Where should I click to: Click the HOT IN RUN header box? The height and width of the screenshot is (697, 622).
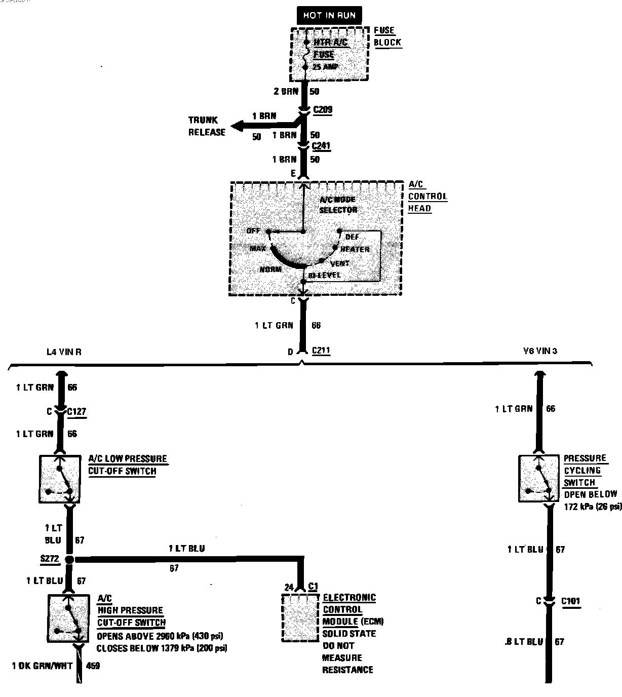tap(330, 15)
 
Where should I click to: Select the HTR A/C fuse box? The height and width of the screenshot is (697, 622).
tap(329, 54)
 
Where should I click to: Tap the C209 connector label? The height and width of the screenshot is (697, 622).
tap(323, 109)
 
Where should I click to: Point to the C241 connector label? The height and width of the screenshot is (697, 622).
tap(321, 146)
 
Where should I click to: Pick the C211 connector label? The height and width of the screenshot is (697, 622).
tap(321, 350)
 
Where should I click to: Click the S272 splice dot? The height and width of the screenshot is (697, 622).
tap(70, 560)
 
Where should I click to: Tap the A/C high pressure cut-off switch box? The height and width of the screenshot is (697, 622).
tap(68, 618)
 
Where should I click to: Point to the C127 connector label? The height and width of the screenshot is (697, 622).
tap(76, 412)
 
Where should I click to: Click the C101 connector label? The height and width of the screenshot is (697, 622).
tap(570, 601)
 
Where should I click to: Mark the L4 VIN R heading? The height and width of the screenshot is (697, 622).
tap(63, 352)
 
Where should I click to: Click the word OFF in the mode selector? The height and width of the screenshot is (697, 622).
tap(253, 231)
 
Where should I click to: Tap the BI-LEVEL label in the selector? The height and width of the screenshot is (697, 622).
tap(324, 276)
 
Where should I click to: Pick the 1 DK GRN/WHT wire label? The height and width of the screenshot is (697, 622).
tap(43, 666)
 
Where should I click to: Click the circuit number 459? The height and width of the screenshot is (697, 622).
tap(93, 666)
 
